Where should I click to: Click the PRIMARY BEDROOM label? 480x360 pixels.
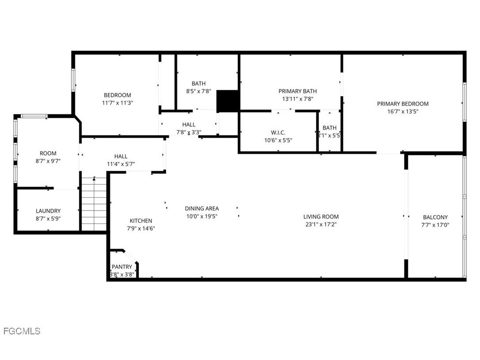click(403, 104)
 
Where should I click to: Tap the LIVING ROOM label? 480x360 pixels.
click(321, 217)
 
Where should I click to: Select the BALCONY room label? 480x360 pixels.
click(435, 217)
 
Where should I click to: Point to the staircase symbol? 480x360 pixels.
click(94, 203)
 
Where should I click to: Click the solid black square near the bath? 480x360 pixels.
click(228, 101)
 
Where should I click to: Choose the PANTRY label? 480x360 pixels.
click(122, 267)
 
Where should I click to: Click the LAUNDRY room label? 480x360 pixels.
click(48, 211)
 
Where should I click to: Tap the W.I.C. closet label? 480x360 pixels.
click(278, 132)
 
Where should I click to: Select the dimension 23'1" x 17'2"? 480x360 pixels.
click(321, 224)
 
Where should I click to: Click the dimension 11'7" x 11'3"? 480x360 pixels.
click(118, 103)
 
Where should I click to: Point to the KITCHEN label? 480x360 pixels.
click(141, 221)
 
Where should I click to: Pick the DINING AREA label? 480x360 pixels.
click(202, 208)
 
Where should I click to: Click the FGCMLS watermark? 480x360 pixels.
click(22, 331)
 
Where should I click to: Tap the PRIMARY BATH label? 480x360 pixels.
click(297, 91)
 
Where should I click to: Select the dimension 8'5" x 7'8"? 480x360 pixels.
click(198, 91)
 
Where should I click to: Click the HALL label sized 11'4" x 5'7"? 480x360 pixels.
click(121, 156)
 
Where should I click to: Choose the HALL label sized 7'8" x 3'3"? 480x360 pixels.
click(189, 125)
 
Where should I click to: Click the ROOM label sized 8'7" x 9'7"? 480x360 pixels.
click(48, 153)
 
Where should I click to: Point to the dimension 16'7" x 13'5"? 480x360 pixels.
click(403, 111)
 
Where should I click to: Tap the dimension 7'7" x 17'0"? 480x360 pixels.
click(435, 225)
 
